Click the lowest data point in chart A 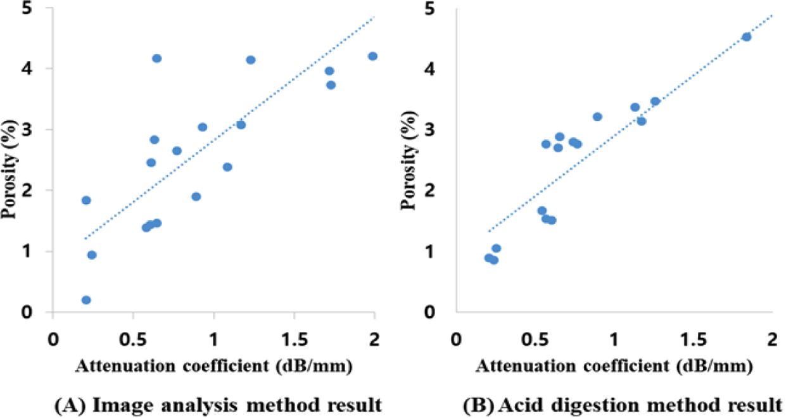coord(86,300)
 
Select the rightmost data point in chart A coord(372,56)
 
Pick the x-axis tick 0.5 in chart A coord(133,337)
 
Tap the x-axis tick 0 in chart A coord(53,337)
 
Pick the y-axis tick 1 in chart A coord(37,251)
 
